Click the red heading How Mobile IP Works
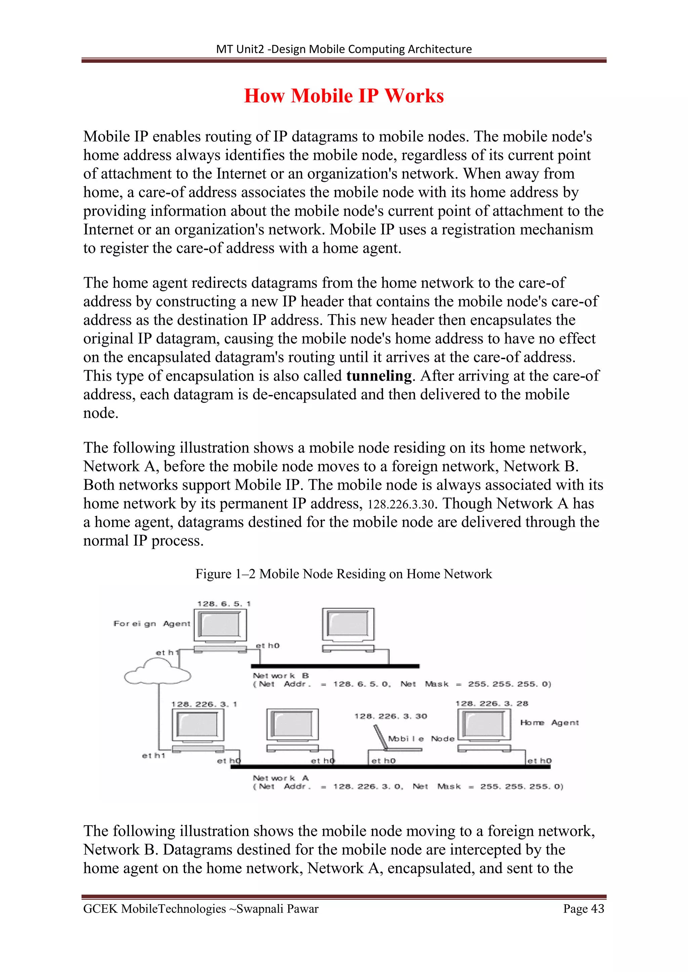tap(344, 96)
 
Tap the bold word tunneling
tap(379, 376)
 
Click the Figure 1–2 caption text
tap(344, 574)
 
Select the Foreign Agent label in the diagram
tap(152, 624)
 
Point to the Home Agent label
tap(549, 723)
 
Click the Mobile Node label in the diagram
tap(421, 739)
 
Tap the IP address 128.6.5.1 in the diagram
tap(224, 604)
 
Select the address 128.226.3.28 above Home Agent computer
tap(491, 703)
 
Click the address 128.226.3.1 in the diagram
tap(204, 704)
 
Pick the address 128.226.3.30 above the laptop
tap(391, 716)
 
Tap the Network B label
tap(281, 676)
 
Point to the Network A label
tap(281, 778)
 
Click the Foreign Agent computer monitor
tap(220, 624)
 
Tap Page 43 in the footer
tap(584, 909)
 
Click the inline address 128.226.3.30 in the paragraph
tap(401, 504)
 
